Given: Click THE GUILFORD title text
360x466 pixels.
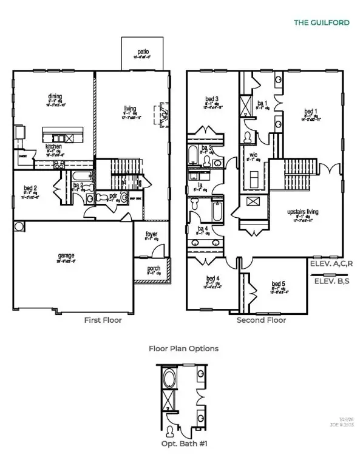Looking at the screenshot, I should click(x=322, y=22).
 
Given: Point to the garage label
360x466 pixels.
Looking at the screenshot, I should click(x=66, y=256).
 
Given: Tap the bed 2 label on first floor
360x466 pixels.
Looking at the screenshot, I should click(x=32, y=189).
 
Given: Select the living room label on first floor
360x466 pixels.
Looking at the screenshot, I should click(x=131, y=108).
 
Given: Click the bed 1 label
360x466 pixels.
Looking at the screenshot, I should click(x=310, y=112).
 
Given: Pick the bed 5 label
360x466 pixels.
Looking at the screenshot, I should click(x=278, y=284).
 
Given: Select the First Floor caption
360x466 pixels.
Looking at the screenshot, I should click(x=103, y=320).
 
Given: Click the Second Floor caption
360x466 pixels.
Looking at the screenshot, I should click(x=261, y=320).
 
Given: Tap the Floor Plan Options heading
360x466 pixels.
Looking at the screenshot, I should click(x=183, y=349).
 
